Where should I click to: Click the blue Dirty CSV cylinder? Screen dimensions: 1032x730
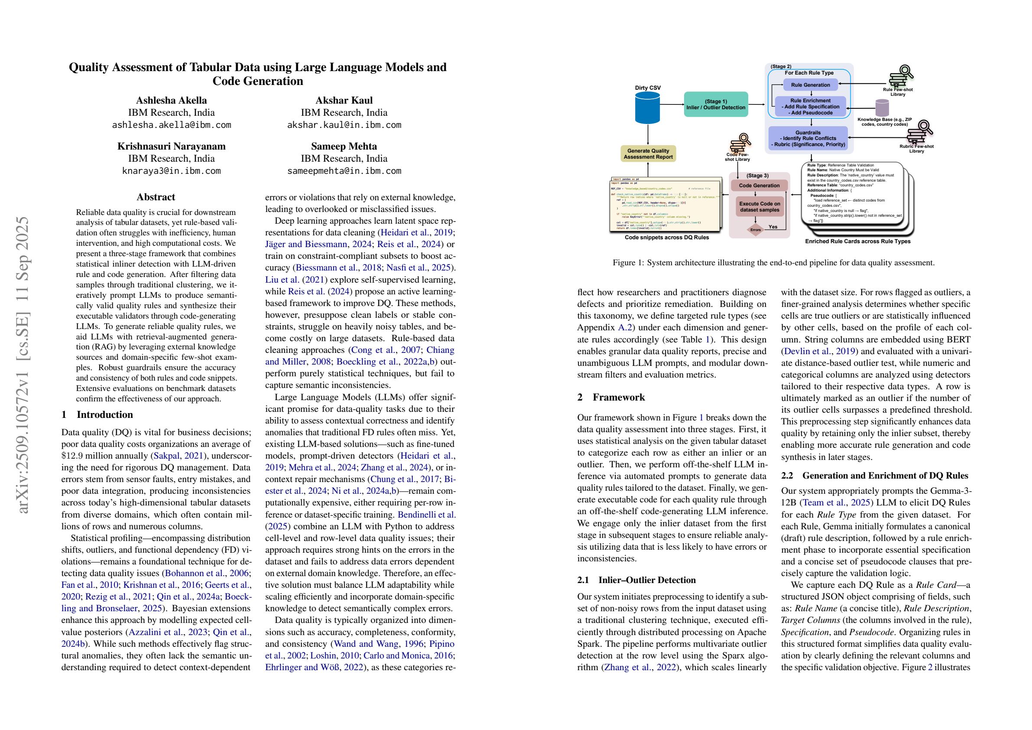coord(648,108)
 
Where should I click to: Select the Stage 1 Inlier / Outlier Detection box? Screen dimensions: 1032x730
coord(716,104)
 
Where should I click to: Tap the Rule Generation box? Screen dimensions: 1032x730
coord(811,85)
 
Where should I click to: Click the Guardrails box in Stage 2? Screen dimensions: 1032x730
coord(808,139)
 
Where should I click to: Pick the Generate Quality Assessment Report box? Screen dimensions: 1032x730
coord(648,154)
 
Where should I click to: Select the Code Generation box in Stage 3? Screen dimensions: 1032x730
coord(759,185)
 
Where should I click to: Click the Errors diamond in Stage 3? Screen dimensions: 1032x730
coord(756,230)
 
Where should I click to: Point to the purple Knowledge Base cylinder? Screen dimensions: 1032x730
coord(883,108)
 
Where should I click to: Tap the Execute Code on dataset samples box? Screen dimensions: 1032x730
coord(759,207)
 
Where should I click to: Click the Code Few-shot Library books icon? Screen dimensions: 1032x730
coord(738,143)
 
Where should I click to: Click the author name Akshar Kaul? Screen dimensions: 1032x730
coord(344,100)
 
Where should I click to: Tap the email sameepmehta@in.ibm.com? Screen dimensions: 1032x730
coord(344,170)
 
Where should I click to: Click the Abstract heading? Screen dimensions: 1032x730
coord(156,197)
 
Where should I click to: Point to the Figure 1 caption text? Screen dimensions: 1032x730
coord(773,263)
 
